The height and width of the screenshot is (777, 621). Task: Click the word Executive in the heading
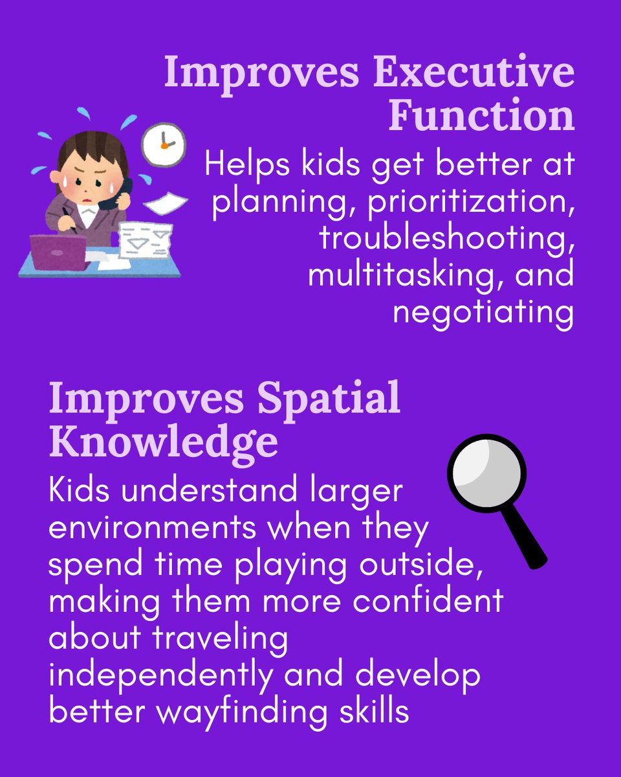tap(477, 73)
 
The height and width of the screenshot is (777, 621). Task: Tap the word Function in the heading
tap(481, 116)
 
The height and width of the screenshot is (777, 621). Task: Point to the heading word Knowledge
tap(164, 443)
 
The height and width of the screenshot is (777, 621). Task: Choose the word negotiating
tap(483, 312)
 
